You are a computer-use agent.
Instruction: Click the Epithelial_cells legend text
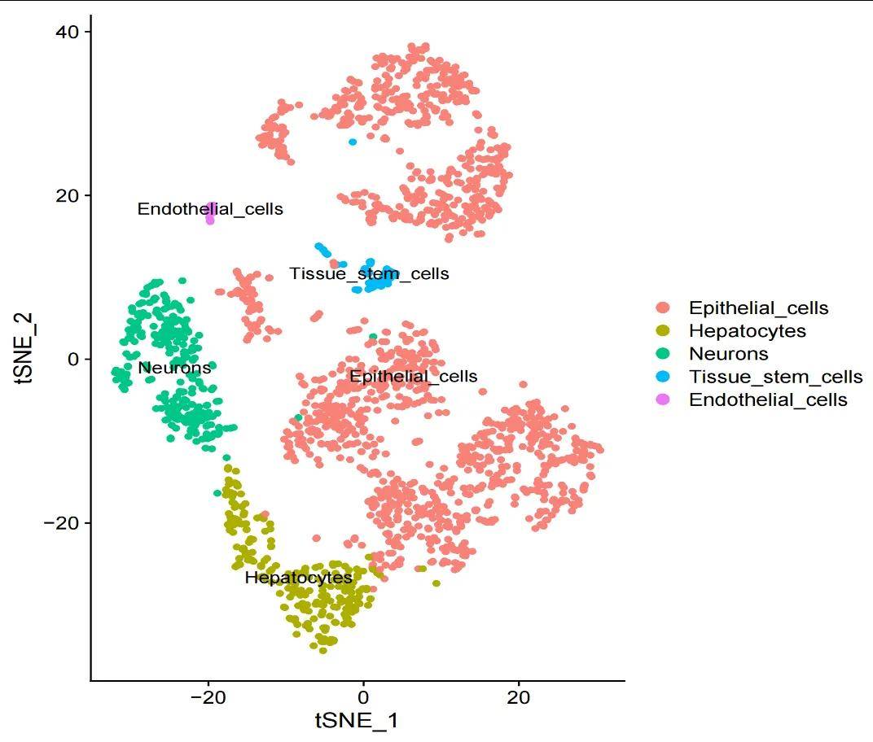coord(758,308)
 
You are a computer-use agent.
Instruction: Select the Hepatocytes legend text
coord(747,330)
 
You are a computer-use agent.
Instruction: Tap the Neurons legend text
coord(728,353)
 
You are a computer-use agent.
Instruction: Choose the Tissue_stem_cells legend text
coord(775,377)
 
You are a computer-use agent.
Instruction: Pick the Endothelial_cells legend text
coord(768,399)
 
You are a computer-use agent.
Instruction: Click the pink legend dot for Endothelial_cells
coord(663,399)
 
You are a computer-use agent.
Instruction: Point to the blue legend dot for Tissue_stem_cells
coord(663,377)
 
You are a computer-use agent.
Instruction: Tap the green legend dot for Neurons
coord(663,353)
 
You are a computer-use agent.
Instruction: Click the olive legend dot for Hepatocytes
coord(663,330)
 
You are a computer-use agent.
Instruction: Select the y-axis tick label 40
coord(68,31)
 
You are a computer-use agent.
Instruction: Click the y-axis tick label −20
coord(64,522)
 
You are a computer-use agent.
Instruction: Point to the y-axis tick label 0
coord(73,359)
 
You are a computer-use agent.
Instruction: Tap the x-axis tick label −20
coord(208,697)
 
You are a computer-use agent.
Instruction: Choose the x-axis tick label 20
coord(518,697)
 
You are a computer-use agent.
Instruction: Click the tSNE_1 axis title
coord(357,721)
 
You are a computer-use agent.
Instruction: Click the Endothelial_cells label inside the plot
coord(210,209)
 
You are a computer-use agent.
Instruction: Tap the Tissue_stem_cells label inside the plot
coord(369,273)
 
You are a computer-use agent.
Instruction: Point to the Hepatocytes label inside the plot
coord(298,578)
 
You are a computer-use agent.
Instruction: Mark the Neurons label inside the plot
coord(174,368)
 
